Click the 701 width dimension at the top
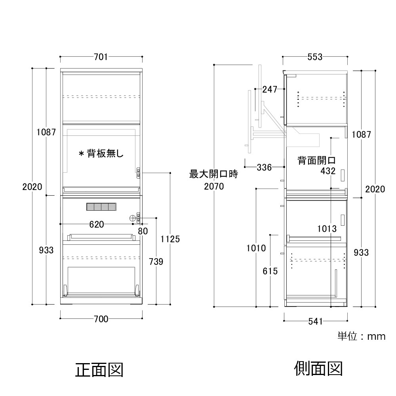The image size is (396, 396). pos(101,57)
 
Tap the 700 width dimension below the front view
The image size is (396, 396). pos(101,319)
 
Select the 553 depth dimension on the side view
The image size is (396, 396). pos(315,57)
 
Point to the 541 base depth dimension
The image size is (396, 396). pos(316,322)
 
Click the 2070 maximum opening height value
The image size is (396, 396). pos(214,187)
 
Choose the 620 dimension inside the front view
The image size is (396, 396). pos(97,224)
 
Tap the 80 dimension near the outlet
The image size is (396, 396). pos(143,231)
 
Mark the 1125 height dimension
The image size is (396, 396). pos(170,239)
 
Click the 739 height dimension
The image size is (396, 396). pos(156,262)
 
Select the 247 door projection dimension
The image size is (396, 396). pos(270,89)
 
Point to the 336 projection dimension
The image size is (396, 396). pos(264,167)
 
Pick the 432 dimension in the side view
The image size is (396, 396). pos(328,171)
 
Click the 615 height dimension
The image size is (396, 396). pos(270,271)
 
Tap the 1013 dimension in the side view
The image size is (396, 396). pos(327,229)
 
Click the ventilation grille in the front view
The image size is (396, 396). pos(101,207)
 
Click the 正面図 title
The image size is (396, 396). pos(99,370)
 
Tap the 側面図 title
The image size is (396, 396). pos(318,368)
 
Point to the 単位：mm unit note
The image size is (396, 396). pos(362,336)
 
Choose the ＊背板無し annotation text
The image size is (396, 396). pos(101,153)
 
